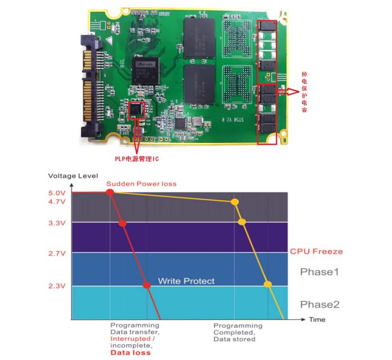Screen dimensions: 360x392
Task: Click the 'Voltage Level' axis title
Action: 73,175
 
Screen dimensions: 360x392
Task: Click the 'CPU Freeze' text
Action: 316,251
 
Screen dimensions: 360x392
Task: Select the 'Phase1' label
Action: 319,272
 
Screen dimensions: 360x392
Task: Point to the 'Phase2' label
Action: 319,304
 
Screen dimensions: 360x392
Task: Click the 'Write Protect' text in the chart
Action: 186,281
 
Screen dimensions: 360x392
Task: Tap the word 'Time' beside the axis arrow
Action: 317,319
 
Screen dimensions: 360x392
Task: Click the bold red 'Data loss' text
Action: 131,353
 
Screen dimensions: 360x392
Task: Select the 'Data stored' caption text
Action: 235,339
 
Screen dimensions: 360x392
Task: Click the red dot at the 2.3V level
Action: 148,285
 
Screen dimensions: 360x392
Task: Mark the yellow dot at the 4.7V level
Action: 235,202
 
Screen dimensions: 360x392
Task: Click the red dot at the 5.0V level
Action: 110,192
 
